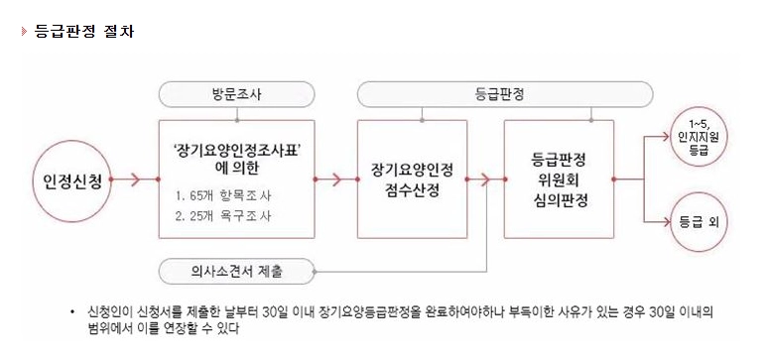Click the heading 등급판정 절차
click(82, 31)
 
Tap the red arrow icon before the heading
click(23, 31)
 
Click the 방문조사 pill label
click(234, 95)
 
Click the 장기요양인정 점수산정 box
click(417, 180)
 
